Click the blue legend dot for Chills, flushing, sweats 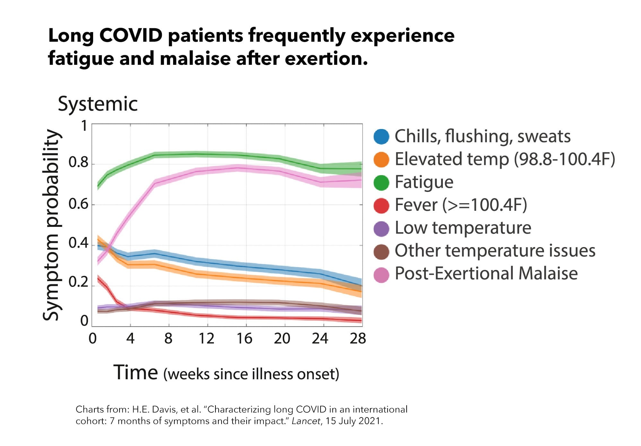(381, 136)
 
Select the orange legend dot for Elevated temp (381, 159)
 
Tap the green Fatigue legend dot (381, 182)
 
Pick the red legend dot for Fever (381, 205)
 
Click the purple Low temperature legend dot (381, 228)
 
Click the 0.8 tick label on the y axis (78, 163)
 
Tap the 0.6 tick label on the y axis (78, 204)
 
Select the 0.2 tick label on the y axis (78, 282)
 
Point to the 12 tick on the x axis (206, 339)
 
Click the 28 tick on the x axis (358, 339)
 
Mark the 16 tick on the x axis (244, 339)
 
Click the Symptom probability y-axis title (51, 225)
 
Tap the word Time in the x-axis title (136, 373)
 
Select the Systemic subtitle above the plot (98, 104)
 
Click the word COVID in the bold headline (131, 35)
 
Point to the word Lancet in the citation (306, 421)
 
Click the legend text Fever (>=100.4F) (461, 205)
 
